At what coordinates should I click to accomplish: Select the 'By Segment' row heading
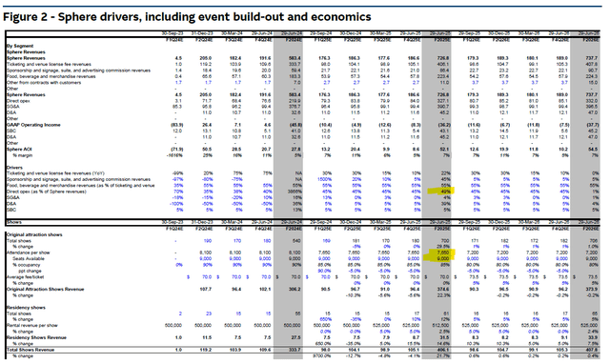point(20,46)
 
